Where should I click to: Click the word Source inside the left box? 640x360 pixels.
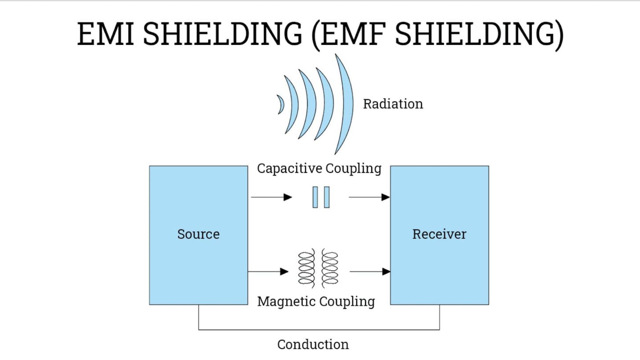pos(198,234)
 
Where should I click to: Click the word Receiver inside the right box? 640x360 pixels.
pos(439,234)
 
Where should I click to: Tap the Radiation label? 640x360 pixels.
pos(393,104)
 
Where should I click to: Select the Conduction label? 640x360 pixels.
pos(313,345)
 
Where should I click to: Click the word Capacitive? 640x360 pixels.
pos(289,169)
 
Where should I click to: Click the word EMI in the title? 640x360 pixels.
pos(106,34)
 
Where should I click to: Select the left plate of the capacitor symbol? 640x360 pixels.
pos(315,197)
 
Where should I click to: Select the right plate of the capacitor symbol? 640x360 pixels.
pos(327,197)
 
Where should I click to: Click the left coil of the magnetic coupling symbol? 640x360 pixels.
pos(307,268)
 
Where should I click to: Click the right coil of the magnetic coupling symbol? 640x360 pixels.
pos(330,268)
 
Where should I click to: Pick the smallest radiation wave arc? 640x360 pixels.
pos(281,104)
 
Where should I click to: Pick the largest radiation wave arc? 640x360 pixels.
pos(347,104)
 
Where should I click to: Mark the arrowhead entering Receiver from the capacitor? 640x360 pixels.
pos(385,197)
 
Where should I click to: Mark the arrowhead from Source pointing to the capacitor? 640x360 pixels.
pos(288,197)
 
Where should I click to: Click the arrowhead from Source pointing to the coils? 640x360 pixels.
pos(284,272)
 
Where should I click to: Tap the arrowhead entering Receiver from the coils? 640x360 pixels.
pos(386,272)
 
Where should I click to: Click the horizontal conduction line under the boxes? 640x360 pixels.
pos(319,330)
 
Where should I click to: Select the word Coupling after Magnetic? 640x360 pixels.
pos(347,301)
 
